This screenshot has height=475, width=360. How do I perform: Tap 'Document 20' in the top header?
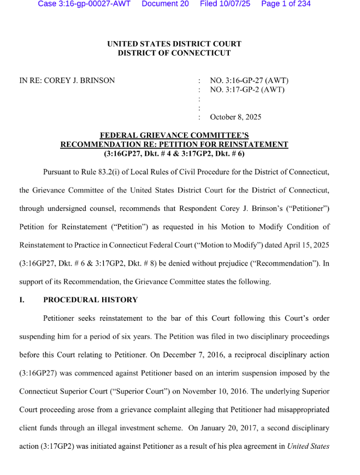(x=165, y=4)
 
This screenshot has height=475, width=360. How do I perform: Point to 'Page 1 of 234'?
(x=286, y=4)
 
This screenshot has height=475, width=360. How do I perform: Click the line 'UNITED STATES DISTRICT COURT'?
(x=174, y=44)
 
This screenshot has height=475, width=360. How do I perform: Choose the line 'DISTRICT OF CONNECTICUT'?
(x=174, y=53)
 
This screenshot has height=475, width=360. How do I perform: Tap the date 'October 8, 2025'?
(x=235, y=117)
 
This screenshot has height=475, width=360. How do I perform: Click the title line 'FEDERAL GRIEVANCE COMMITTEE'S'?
(x=174, y=135)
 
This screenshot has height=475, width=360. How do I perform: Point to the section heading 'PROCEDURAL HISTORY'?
(x=91, y=300)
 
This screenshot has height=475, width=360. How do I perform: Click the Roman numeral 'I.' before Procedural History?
(x=22, y=300)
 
